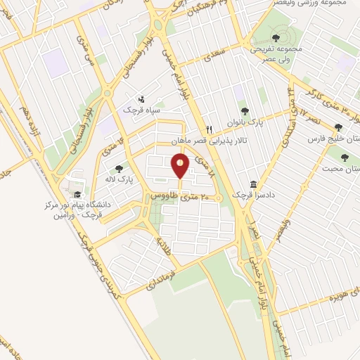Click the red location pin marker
tap(181, 167)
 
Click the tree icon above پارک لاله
tap(118, 169)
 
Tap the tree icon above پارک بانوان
tap(245, 110)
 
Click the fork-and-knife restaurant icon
tap(209, 130)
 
